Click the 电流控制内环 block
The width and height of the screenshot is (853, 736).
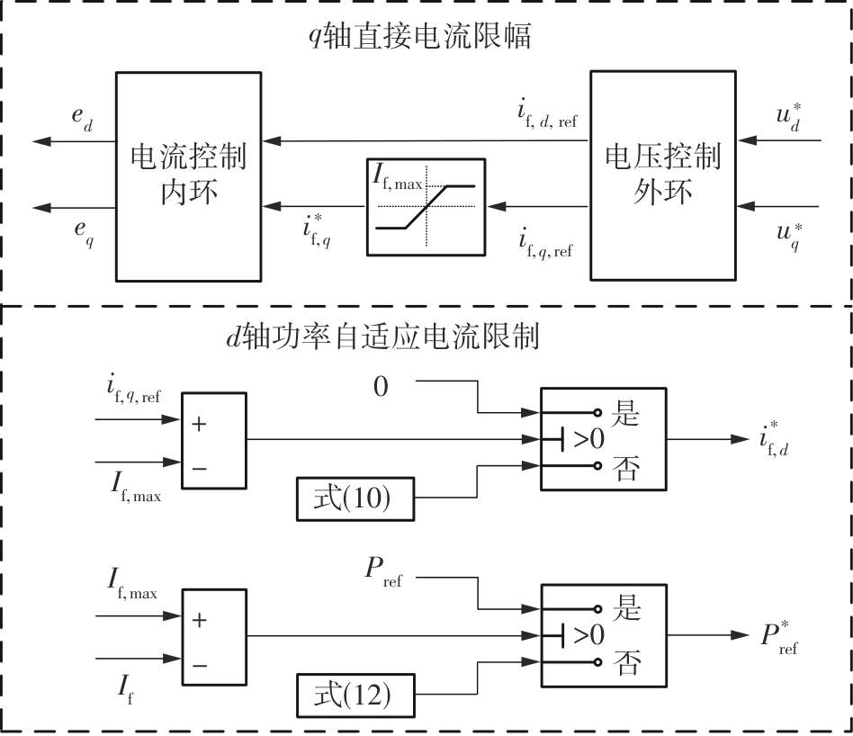(189, 177)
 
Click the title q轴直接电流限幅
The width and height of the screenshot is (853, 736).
(421, 37)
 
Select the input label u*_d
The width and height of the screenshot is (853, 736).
(788, 120)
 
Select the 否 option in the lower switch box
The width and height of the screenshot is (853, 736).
(626, 664)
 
